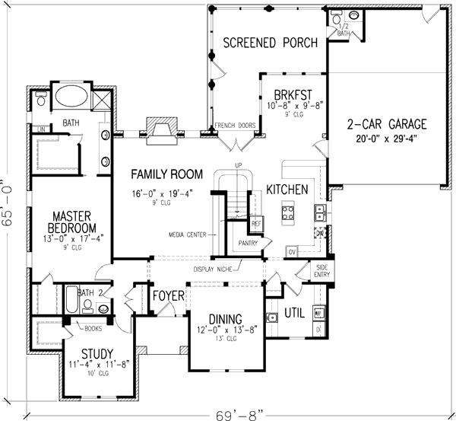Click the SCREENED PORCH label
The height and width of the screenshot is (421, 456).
coord(270,43)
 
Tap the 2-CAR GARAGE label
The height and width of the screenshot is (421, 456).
coord(387,124)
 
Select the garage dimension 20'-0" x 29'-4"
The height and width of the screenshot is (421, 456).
coord(387,139)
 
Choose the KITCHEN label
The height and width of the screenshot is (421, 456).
coord(287,190)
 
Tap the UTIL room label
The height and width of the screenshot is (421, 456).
coord(294,313)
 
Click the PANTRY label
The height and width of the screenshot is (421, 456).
coord(248,243)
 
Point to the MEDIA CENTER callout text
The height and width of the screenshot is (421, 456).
coord(187,235)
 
